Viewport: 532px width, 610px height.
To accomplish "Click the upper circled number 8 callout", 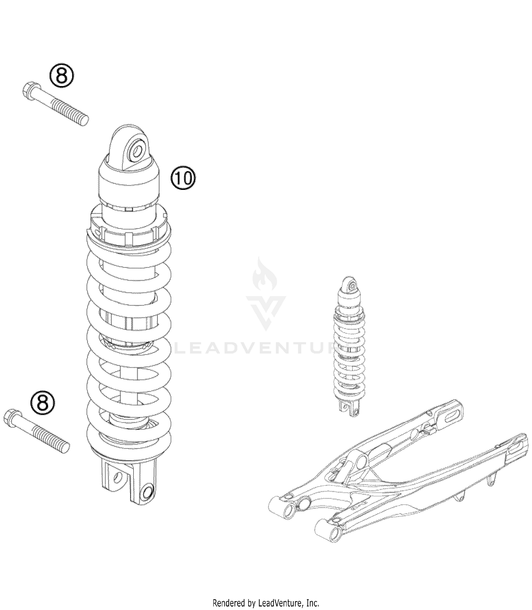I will [x=62, y=75].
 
